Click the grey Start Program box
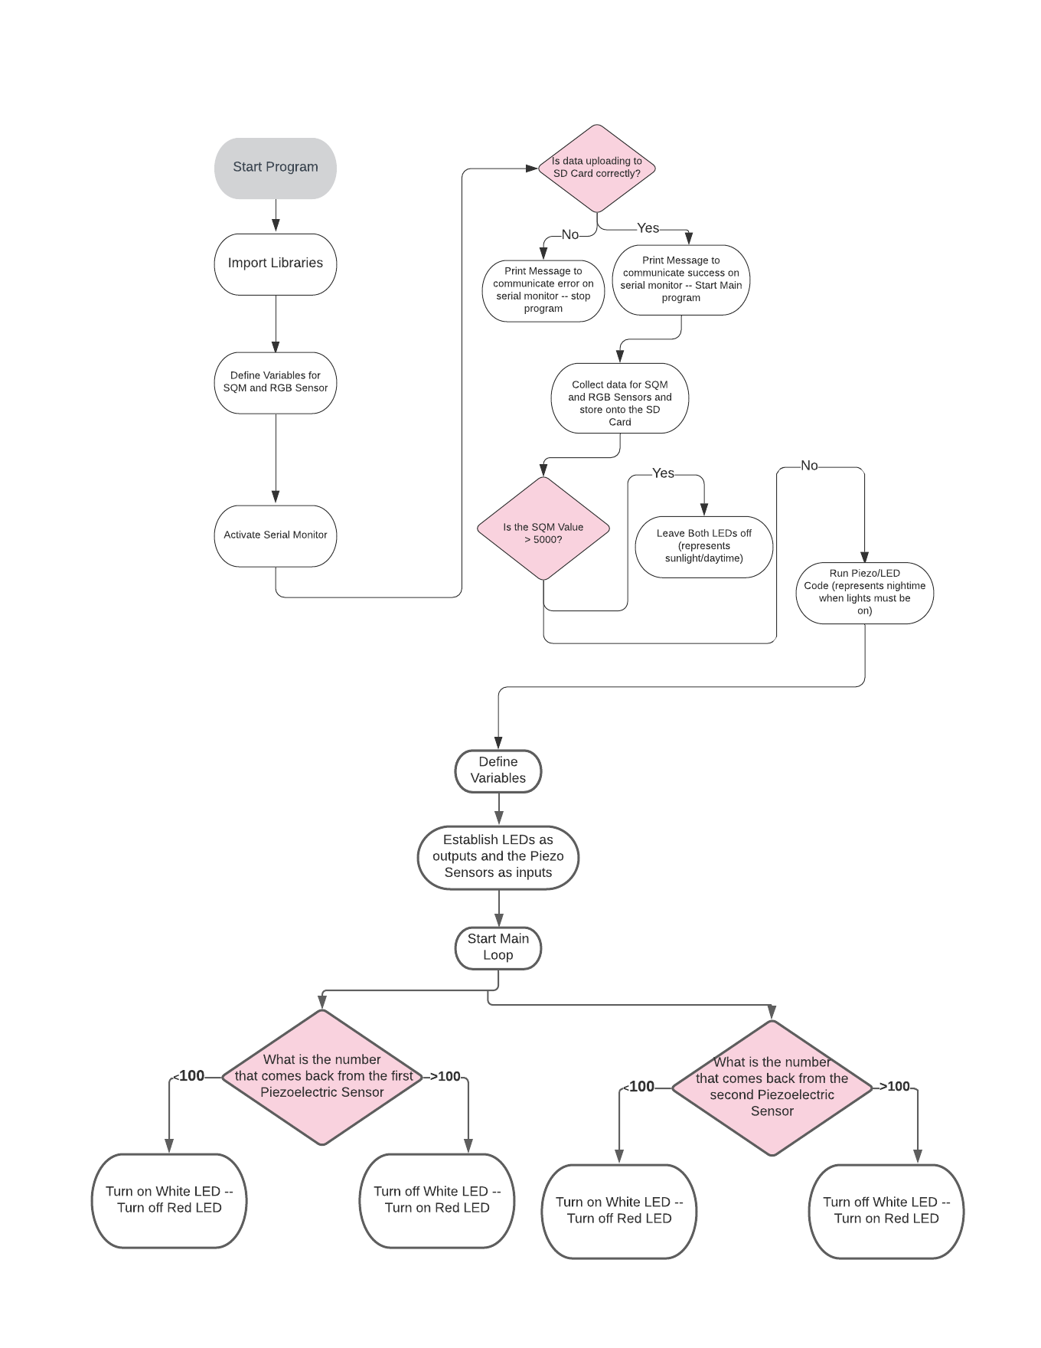275,168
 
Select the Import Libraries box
275,263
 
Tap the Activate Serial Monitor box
275,535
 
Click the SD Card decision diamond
596,168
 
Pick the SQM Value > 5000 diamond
543,529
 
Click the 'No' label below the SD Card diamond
570,235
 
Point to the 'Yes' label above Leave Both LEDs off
663,473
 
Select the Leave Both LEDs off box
703,546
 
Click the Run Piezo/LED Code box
864,592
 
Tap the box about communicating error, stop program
543,290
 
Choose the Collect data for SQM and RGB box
619,399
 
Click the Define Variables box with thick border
498,771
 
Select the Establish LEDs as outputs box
498,856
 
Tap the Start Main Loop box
498,947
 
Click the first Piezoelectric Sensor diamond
322,1076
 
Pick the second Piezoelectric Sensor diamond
772,1087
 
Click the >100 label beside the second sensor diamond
896,1086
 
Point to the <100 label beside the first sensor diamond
189,1076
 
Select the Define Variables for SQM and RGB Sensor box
275,382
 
